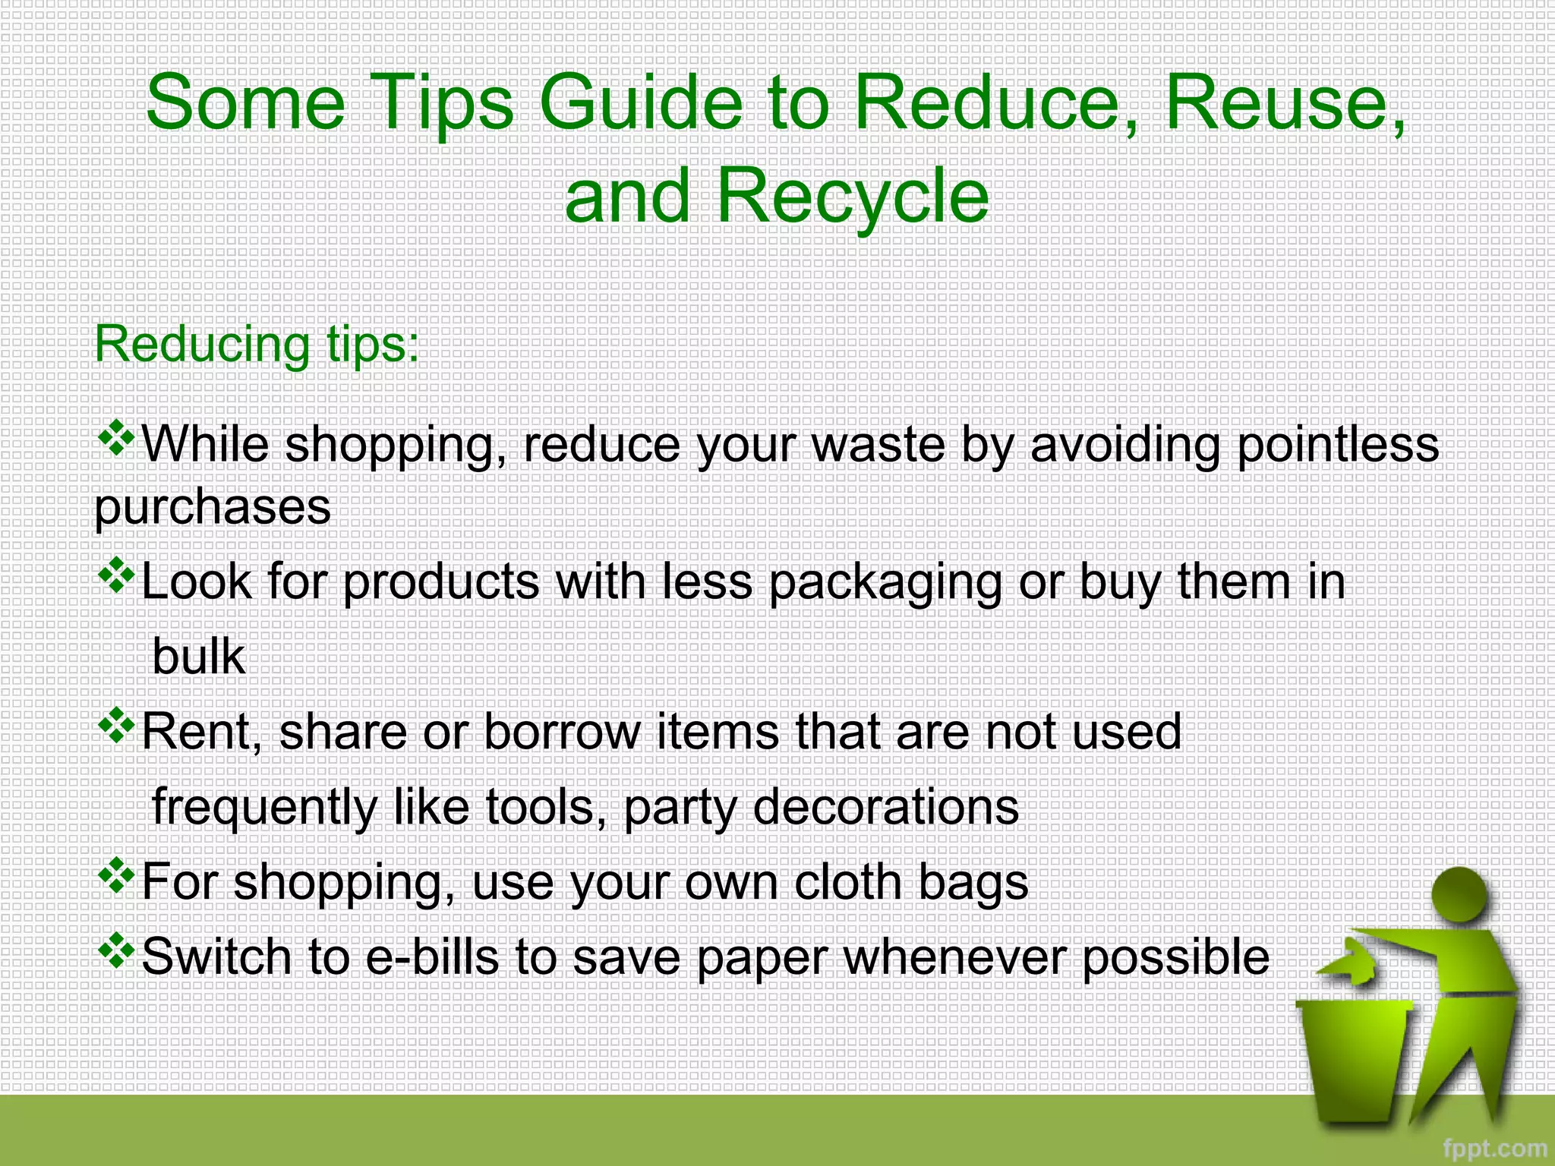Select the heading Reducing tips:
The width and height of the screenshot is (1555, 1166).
click(x=257, y=345)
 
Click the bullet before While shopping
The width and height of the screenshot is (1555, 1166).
click(x=116, y=440)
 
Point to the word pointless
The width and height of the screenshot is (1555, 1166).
click(x=1338, y=445)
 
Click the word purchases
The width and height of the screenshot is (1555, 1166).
click(x=213, y=507)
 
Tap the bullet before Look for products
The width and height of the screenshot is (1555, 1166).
click(x=116, y=577)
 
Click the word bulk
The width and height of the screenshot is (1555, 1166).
click(x=198, y=657)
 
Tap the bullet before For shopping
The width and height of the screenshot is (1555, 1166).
click(x=116, y=877)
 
